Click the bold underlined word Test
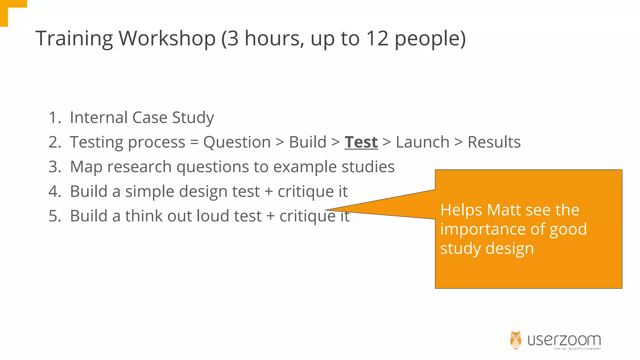361,142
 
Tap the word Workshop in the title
167,38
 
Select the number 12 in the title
377,38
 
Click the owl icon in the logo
516,340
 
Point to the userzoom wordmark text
564,340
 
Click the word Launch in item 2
422,142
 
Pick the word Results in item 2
494,142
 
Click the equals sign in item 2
194,142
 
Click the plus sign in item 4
268,192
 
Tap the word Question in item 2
237,142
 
